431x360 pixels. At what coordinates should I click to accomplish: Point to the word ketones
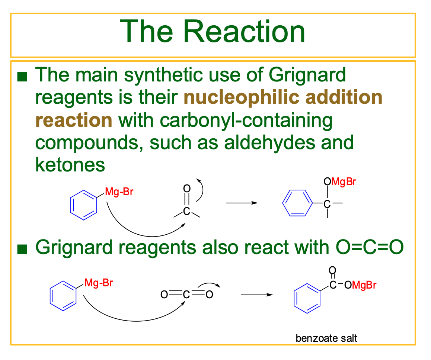coord(70,165)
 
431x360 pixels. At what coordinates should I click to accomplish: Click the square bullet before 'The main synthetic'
coord(23,77)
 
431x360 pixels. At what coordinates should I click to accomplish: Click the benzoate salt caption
coord(326,338)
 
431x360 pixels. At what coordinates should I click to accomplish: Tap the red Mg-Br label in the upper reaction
coord(119,192)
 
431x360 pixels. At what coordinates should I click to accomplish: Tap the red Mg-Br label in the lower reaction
coord(99,283)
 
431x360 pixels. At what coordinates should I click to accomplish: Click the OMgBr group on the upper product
coord(340,182)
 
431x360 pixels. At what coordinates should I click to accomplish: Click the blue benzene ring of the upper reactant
coord(84,205)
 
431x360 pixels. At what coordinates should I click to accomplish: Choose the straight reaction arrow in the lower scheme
coord(257,295)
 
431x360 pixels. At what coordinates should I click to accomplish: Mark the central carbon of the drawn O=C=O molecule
coord(186,295)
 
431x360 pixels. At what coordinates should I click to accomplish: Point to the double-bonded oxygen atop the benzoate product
coord(332,270)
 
